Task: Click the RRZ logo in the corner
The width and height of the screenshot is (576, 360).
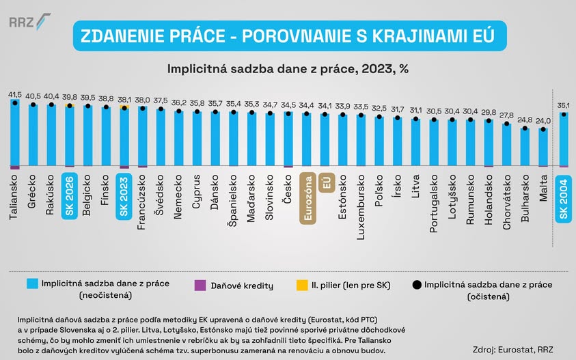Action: click(x=30, y=21)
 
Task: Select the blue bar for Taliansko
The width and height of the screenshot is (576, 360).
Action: click(x=15, y=133)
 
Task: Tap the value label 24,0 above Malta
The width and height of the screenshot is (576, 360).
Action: click(x=543, y=121)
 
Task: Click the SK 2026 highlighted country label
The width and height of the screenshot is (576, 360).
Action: click(x=70, y=196)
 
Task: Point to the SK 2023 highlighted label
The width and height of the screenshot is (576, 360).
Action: click(x=124, y=197)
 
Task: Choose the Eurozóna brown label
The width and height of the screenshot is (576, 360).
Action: click(x=308, y=198)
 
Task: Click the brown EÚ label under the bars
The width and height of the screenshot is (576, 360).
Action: click(x=327, y=182)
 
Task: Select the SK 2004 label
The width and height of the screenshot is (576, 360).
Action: click(x=563, y=199)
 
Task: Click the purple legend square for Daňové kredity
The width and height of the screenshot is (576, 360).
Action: click(x=200, y=286)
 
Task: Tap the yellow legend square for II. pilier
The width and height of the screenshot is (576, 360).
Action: click(x=302, y=285)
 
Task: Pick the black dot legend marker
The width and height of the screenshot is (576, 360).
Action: click(x=417, y=285)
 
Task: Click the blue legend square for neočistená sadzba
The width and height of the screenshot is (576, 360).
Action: click(x=32, y=283)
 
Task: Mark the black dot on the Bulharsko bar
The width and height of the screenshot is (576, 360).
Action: click(x=525, y=128)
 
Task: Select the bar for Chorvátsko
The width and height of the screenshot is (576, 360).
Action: click(x=507, y=144)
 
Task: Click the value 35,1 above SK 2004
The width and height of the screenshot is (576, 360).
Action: click(x=564, y=106)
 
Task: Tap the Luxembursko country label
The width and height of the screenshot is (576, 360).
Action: click(x=361, y=207)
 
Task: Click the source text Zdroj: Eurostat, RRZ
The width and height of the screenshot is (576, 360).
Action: click(x=513, y=349)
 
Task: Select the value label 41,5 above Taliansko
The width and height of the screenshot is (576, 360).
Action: click(x=15, y=95)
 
